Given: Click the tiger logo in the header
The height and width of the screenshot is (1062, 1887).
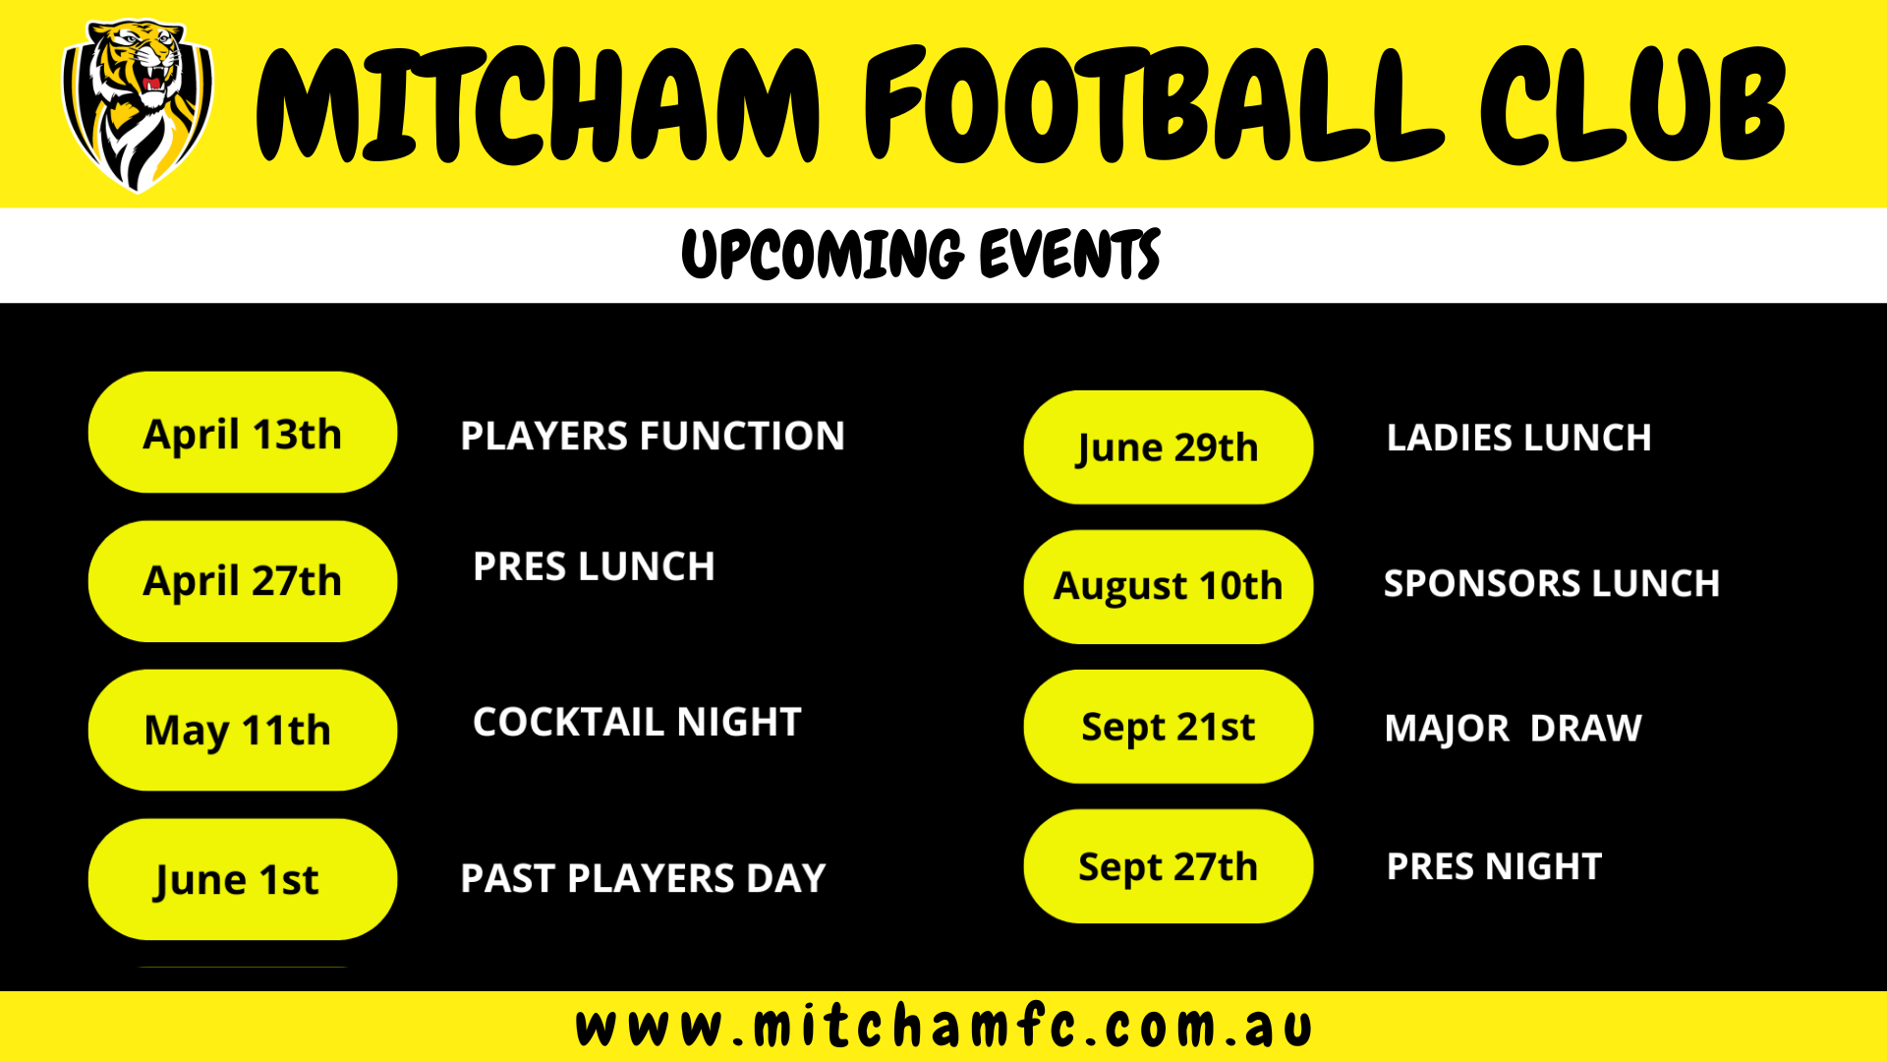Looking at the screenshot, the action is (x=138, y=105).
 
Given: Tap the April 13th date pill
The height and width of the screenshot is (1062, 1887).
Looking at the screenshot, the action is (x=243, y=433).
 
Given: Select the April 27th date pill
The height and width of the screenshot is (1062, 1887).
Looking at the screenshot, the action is (x=243, y=581).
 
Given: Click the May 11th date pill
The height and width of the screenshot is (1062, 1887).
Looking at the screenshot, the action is (x=243, y=730).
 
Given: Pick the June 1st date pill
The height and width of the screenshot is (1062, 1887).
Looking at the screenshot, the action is (x=243, y=879).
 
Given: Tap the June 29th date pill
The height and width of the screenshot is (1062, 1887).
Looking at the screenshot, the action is (x=1169, y=447).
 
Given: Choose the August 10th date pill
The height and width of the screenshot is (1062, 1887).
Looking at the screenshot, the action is (x=1169, y=587).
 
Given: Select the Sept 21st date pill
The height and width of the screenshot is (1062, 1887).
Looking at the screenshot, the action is (x=1169, y=727).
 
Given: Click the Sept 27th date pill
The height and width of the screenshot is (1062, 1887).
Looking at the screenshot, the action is (x=1169, y=866).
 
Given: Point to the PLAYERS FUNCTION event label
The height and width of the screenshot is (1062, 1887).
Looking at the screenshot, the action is (x=653, y=436).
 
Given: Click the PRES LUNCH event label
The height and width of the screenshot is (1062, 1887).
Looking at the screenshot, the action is (x=594, y=566).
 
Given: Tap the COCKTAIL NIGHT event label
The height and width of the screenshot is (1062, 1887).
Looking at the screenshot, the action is (x=637, y=722).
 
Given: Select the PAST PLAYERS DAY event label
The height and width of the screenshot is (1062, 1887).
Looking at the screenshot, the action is (x=643, y=878).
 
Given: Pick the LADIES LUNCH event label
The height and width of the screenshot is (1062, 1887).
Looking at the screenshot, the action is (x=1518, y=438).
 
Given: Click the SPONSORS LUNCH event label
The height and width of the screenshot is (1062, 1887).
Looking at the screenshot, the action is (x=1552, y=583).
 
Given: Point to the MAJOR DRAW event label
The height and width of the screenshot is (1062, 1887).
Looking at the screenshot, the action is (x=1514, y=729).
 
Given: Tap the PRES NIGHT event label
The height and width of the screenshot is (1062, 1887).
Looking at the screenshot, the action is (x=1494, y=866).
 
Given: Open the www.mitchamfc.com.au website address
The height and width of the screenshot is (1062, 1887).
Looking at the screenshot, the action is (x=943, y=1028).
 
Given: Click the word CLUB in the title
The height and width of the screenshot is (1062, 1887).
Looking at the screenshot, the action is (x=1633, y=103).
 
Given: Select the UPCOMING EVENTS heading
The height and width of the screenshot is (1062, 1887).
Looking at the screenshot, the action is (x=921, y=254).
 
